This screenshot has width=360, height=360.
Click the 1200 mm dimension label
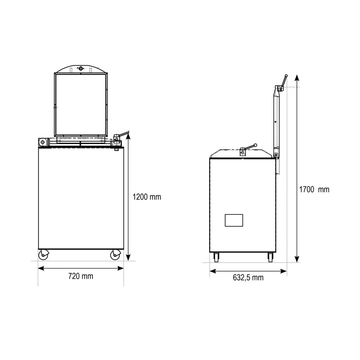point(147,197)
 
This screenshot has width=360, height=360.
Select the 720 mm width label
point(81,276)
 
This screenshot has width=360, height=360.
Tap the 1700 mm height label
point(314,189)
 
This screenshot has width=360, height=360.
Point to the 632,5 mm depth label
point(248,278)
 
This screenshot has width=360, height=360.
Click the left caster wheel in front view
point(43,255)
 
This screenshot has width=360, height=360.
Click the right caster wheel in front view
point(115,255)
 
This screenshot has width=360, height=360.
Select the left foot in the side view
point(216,257)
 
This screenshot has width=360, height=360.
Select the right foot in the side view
point(270,257)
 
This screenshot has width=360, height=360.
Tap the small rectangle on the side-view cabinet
point(234,220)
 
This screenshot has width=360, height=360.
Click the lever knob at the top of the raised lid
point(286,76)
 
